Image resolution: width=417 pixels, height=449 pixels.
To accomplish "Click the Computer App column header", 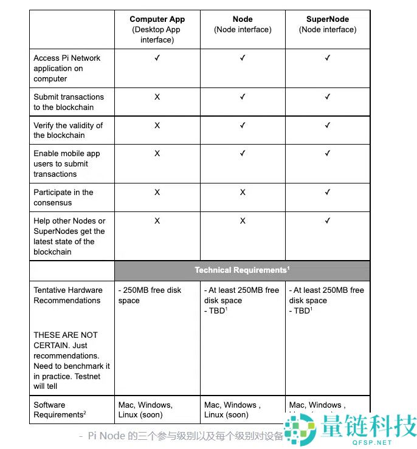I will (x=157, y=19).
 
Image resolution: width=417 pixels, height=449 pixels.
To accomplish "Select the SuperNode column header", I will (x=328, y=19).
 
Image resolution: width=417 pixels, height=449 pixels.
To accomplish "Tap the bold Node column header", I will (x=243, y=19).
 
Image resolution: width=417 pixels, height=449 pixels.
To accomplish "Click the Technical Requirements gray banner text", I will (x=241, y=270).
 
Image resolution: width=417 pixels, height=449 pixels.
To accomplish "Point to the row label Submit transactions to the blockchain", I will (x=69, y=102).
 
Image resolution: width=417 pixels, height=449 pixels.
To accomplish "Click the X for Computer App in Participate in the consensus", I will (x=157, y=192).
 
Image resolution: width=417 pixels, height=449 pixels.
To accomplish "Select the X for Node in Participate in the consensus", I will (x=243, y=192).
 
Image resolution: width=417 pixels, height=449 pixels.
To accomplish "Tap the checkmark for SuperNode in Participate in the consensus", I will (x=328, y=192).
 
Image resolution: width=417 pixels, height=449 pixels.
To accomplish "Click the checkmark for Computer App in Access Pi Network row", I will (x=157, y=58).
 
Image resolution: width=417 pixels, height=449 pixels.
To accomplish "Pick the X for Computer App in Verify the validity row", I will (x=157, y=125).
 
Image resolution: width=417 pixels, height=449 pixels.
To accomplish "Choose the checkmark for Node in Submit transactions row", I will (x=243, y=97).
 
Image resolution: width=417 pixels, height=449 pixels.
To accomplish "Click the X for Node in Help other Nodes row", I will (x=243, y=221).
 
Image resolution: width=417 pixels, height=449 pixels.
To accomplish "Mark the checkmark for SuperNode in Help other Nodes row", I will (x=328, y=221).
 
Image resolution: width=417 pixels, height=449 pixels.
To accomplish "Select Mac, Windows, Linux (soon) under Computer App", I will (x=146, y=410).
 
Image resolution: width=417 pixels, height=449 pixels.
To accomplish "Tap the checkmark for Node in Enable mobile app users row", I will (x=243, y=154).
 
